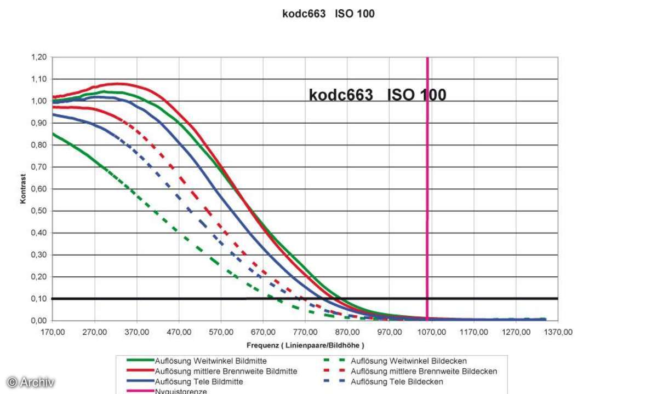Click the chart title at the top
328,14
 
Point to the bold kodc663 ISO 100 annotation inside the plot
378,95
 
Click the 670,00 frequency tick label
263,332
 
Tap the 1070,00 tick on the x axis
432,332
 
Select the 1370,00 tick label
558,332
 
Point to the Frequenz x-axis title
305,345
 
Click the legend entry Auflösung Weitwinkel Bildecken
409,361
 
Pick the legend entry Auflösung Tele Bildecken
397,381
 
